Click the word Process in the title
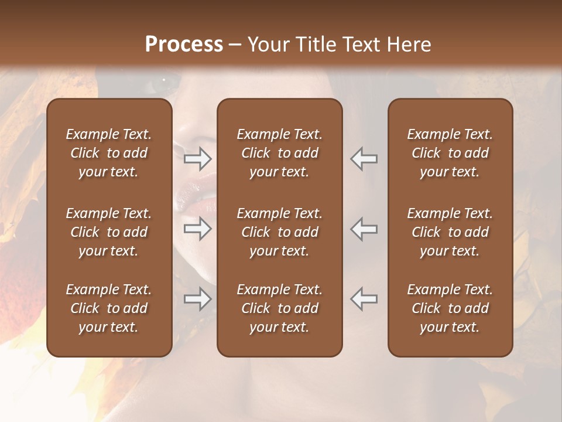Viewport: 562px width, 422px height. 184,44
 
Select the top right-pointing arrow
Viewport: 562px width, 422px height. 197,158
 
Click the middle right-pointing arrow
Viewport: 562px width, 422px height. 197,229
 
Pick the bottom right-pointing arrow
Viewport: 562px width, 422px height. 197,300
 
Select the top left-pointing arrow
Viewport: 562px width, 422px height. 364,158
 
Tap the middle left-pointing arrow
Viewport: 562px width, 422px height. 364,229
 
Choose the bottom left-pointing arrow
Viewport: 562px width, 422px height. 364,300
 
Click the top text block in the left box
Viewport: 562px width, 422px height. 109,153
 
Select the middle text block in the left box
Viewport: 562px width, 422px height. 109,232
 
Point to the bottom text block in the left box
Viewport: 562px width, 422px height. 109,308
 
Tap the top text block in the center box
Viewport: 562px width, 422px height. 280,153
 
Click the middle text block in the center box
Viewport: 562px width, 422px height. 280,232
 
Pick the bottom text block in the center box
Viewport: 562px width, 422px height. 280,308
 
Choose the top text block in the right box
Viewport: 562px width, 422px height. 450,153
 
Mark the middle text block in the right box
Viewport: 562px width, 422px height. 450,232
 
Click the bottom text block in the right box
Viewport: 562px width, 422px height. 450,308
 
